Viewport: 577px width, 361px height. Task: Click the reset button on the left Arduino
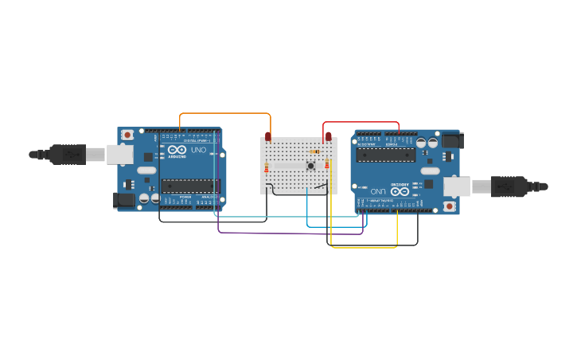pos(127,135)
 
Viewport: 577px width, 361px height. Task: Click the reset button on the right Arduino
pos(450,206)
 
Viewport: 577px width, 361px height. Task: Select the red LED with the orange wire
pos(268,137)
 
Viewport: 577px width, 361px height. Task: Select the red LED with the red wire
pos(328,136)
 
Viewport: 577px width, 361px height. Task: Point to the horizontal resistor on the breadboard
pos(314,151)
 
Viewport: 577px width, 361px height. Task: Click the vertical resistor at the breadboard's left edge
pos(267,167)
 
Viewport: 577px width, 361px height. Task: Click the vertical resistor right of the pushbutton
pos(327,163)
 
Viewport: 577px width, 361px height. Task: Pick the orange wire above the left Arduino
pos(227,114)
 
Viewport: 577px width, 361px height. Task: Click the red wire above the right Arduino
pos(362,122)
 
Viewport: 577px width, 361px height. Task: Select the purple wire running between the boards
pos(287,233)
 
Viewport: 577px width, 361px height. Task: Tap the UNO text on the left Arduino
pos(198,150)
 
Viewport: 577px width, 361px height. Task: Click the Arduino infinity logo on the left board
pos(177,150)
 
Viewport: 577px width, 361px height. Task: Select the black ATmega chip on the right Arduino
pos(385,155)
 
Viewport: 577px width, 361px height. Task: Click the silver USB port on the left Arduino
pos(120,154)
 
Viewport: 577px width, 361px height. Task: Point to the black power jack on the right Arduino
pos(452,141)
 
